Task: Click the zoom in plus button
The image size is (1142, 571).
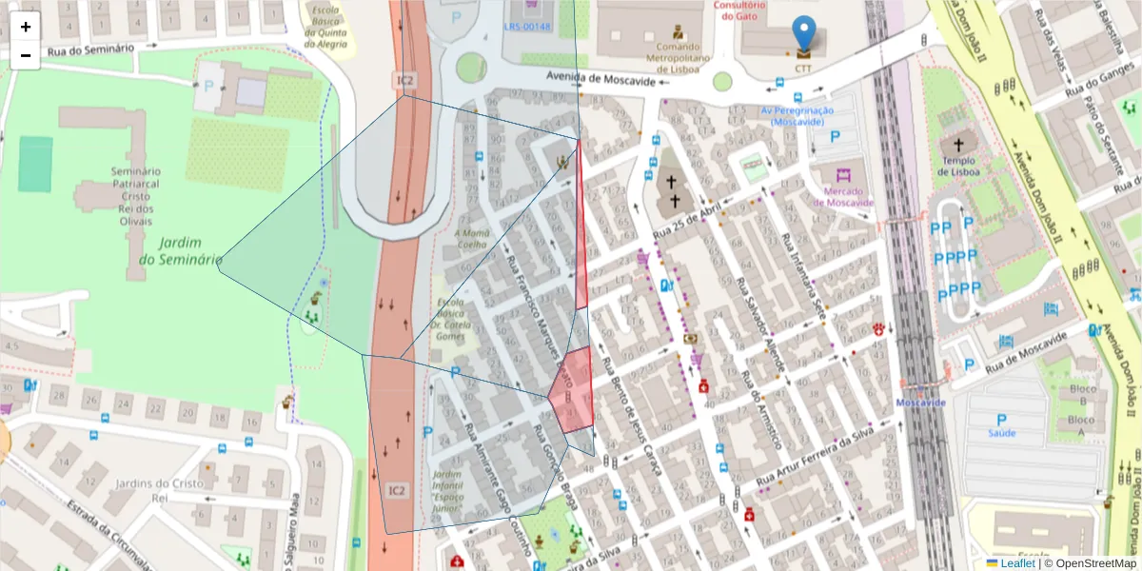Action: pos(26,28)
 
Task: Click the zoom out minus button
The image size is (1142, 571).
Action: pos(26,55)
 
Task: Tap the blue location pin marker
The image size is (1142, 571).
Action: pos(804,33)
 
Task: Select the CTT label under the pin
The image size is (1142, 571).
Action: pos(804,69)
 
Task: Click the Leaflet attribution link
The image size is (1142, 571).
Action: pos(1016,563)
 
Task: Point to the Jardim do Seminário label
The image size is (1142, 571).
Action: pos(180,251)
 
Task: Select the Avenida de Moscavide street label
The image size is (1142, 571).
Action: pos(601,81)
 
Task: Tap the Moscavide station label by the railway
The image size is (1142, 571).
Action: pos(919,403)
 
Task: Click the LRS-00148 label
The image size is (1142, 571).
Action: pos(527,27)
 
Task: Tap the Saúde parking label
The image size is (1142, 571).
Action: pos(1001,431)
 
